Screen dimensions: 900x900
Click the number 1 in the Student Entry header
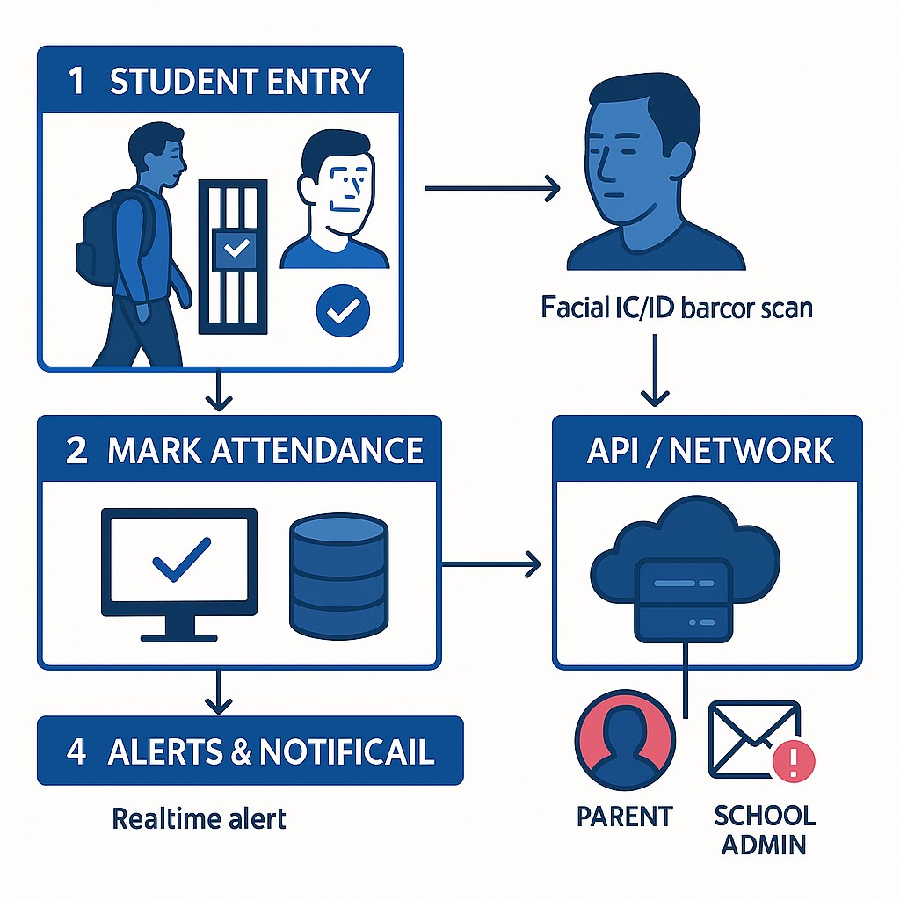coord(76,81)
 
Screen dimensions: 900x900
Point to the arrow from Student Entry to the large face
coord(492,186)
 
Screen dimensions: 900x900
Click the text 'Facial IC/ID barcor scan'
coord(677,308)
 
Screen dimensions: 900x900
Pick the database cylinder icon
coord(337,576)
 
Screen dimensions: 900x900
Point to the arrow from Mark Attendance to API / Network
coord(492,565)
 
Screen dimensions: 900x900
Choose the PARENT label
coord(624,816)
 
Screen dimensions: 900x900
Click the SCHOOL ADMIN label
coord(764,829)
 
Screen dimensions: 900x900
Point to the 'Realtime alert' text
coord(199,818)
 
